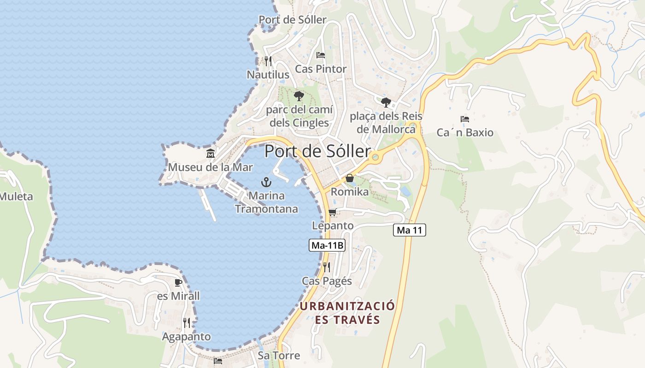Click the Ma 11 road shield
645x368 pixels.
click(409, 230)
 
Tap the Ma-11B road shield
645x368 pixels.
click(327, 245)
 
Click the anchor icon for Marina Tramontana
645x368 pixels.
click(266, 182)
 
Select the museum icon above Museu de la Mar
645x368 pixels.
click(211, 153)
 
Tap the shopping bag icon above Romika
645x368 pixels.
click(350, 178)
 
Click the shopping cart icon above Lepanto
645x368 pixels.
click(332, 212)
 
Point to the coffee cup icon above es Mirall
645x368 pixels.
click(178, 282)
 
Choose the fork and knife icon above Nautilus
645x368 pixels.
click(268, 61)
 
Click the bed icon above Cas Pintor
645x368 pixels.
click(321, 55)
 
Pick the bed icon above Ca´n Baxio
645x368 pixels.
click(465, 119)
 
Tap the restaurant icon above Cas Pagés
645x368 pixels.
click(327, 267)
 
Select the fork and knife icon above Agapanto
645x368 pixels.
click(187, 323)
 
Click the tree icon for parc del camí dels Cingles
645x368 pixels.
click(299, 96)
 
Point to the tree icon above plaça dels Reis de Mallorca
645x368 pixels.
click(386, 102)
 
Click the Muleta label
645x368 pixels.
click(17, 197)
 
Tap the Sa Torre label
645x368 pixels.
click(279, 356)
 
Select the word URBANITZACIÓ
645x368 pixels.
click(347, 306)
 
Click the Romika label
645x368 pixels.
click(350, 192)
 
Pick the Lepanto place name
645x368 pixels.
click(333, 226)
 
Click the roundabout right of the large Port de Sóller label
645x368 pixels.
click(375, 157)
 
